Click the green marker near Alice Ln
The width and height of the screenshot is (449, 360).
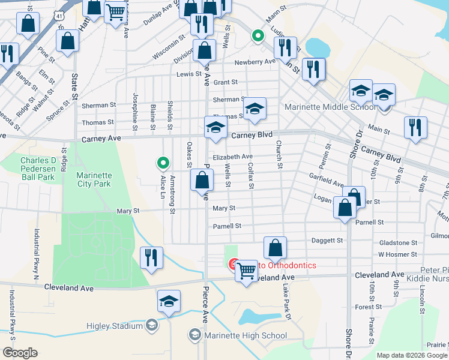(162, 163)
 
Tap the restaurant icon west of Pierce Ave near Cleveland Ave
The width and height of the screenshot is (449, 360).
(151, 257)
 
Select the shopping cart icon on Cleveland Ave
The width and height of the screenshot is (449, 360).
(246, 271)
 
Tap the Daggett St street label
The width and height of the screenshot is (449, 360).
(327, 241)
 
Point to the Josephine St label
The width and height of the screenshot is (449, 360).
(136, 112)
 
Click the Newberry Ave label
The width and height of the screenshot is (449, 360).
(255, 62)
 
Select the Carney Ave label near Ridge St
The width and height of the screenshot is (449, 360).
(101, 139)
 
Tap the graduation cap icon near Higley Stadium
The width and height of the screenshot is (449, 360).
(169, 301)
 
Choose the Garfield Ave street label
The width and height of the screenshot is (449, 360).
(326, 184)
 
